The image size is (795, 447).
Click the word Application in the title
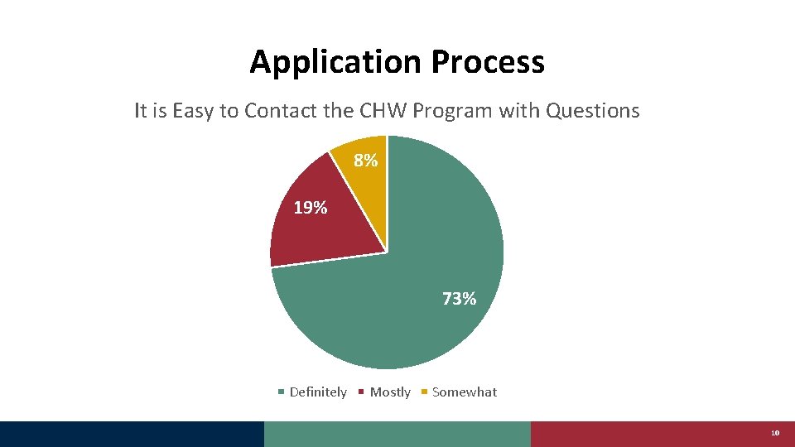click(336, 62)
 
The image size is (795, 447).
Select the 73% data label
click(459, 299)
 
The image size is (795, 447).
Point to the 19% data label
click(311, 208)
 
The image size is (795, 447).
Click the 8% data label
click(366, 161)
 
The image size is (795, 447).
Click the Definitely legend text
click(318, 392)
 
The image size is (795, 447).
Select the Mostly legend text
click(390, 392)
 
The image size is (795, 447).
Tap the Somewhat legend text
click(465, 392)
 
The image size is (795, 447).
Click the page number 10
click(775, 433)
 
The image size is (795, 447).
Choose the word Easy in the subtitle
click(194, 111)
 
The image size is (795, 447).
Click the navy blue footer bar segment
click(132, 434)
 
